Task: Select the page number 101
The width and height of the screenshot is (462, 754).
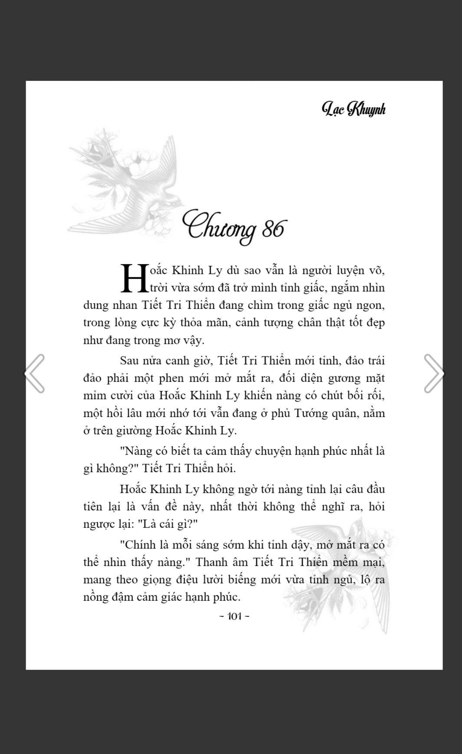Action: (x=234, y=616)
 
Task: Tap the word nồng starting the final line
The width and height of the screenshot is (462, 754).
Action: (x=96, y=597)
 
